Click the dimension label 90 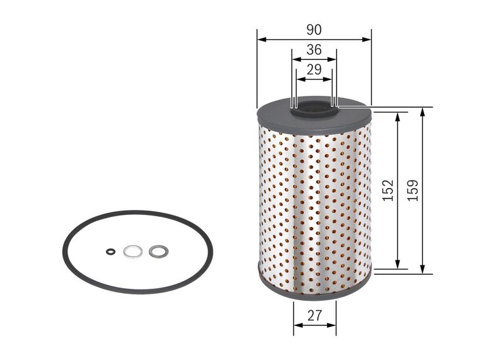click(x=314, y=30)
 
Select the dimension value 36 click(x=314, y=50)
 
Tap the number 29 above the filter click(x=314, y=70)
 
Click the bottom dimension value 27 click(x=314, y=317)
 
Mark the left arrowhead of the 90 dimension click(x=260, y=39)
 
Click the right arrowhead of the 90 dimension click(x=368, y=39)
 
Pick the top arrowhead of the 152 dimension click(x=398, y=116)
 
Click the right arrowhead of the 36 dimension click(x=333, y=60)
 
